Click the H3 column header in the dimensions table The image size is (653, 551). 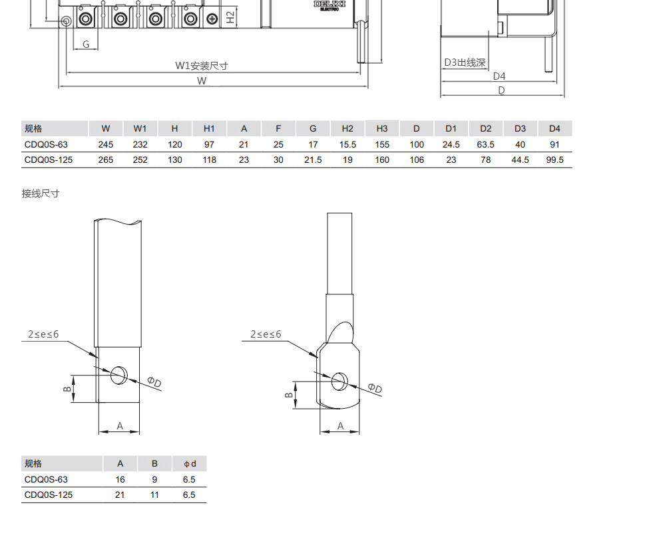click(x=382, y=128)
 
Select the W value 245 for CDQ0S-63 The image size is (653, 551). click(x=106, y=144)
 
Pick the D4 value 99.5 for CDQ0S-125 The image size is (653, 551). click(x=554, y=160)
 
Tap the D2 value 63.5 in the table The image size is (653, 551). click(x=485, y=144)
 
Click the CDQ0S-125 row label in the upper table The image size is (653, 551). click(x=49, y=160)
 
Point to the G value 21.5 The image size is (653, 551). click(x=313, y=160)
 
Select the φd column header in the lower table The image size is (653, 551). click(x=190, y=464)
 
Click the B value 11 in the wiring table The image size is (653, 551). click(x=154, y=495)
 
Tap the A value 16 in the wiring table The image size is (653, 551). click(x=120, y=479)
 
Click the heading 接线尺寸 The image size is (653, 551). click(x=41, y=193)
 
